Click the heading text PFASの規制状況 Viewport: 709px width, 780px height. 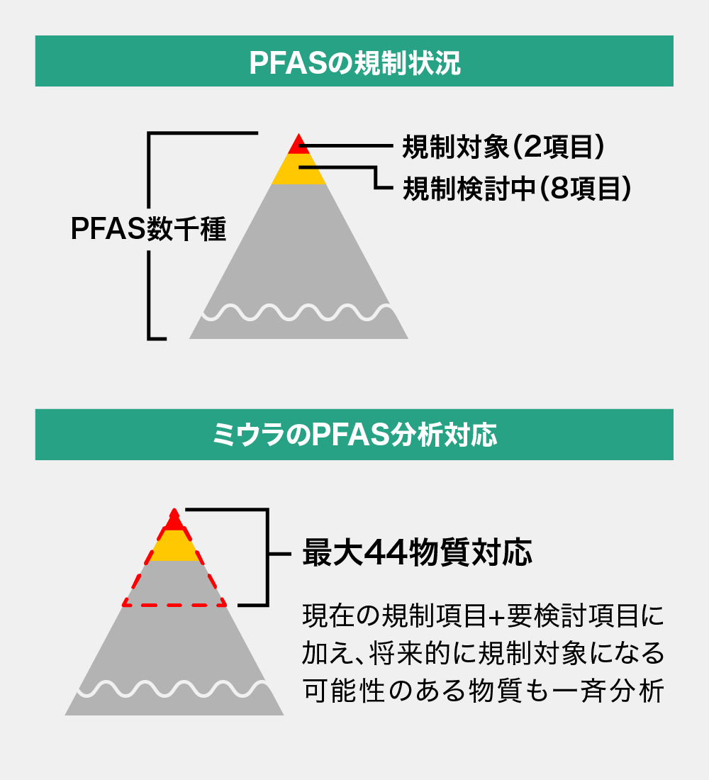point(354,62)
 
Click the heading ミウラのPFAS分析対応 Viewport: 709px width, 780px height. point(354,435)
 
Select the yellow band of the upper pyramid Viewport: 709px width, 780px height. point(298,169)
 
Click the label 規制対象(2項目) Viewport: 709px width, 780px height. point(504,147)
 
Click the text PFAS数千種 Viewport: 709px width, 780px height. point(149,229)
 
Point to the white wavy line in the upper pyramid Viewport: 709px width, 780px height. point(298,313)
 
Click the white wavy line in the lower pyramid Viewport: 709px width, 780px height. point(174,688)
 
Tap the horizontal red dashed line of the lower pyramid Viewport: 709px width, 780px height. point(174,606)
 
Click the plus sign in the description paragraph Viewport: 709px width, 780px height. point(496,615)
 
